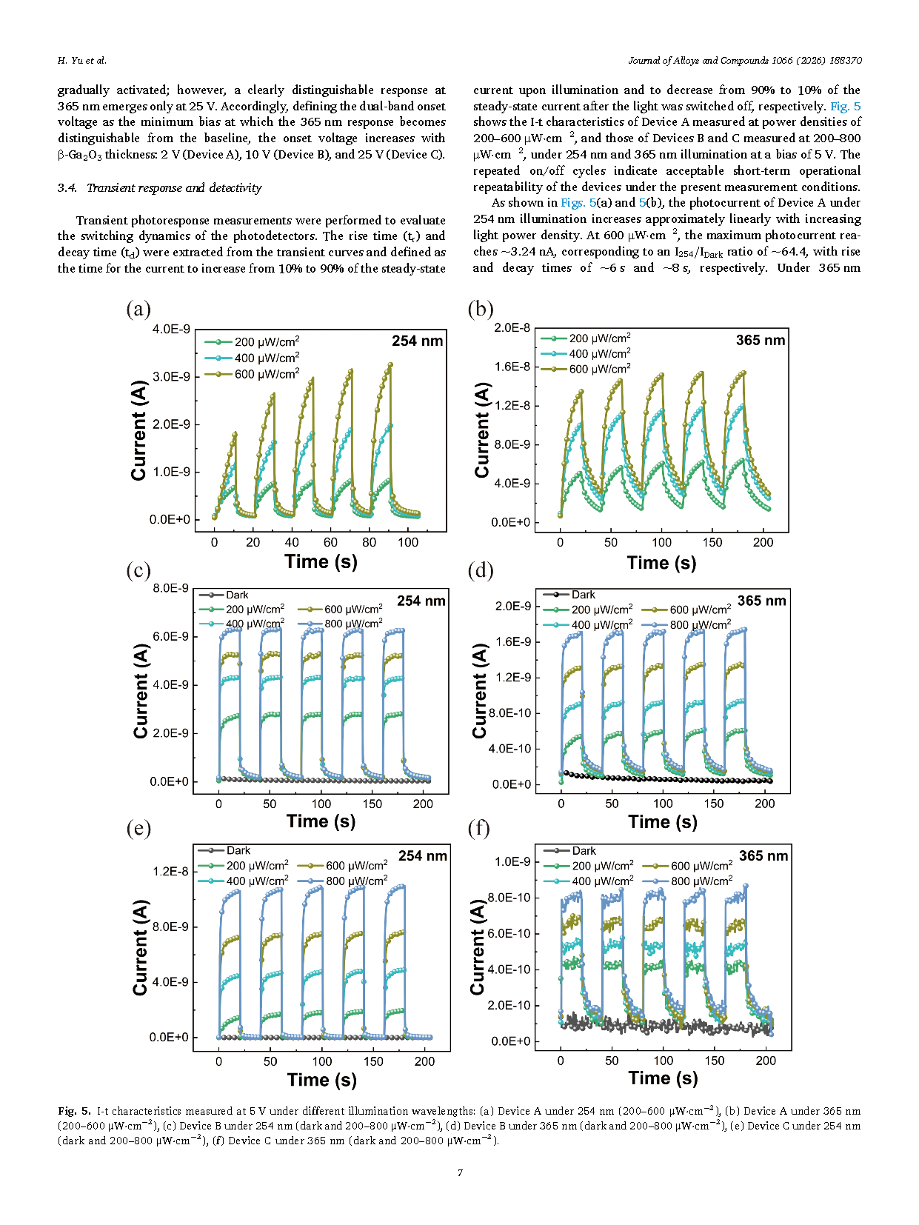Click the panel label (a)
tap(138, 309)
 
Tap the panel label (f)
tap(478, 828)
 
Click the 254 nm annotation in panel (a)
tap(417, 341)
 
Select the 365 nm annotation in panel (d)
tap(761, 601)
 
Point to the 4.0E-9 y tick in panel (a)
tap(171, 330)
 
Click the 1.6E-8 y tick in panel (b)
tap(512, 367)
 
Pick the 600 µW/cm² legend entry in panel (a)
tap(253, 374)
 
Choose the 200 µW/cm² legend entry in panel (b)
tap(586, 338)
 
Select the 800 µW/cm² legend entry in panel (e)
tap(343, 881)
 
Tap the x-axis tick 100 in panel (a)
tap(408, 542)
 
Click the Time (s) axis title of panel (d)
tap(662, 821)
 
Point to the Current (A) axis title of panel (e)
tap(140, 947)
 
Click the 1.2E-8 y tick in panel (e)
tap(171, 871)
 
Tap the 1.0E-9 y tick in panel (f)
tap(512, 861)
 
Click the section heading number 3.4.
tap(67, 187)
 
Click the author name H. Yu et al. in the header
tap(82, 60)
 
